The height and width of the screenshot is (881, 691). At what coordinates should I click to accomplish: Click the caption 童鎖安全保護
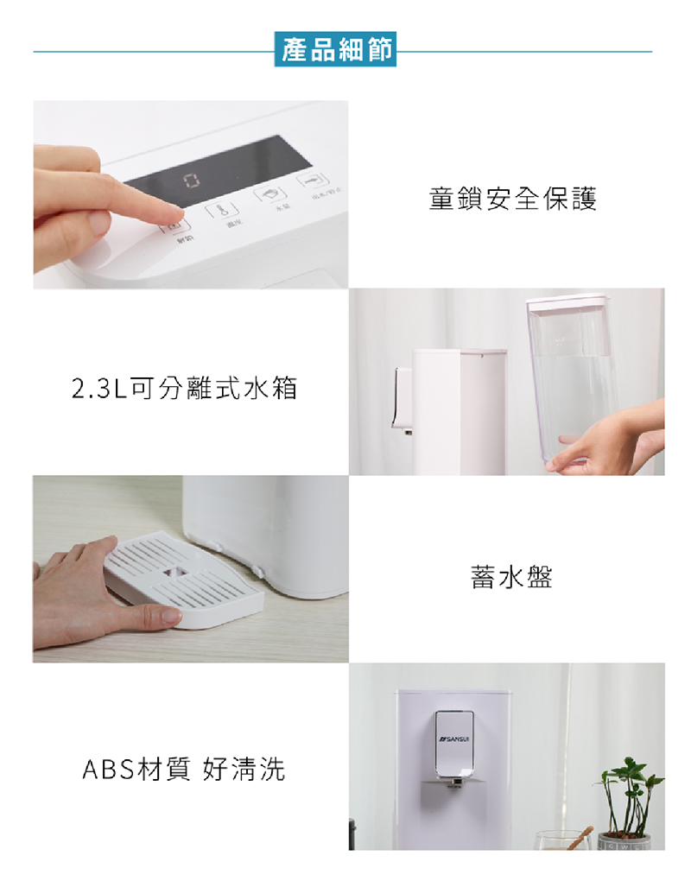click(x=512, y=200)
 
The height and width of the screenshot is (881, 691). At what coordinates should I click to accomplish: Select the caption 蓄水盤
click(x=511, y=577)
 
